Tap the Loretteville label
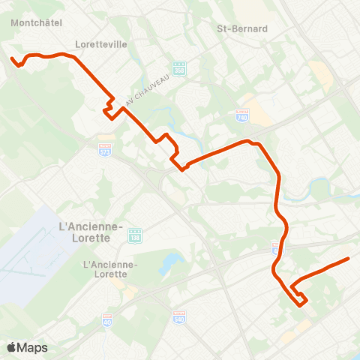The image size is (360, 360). coord(101,44)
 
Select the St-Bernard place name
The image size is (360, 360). coord(242,29)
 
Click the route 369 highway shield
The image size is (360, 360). coord(178,67)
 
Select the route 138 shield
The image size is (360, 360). coord(134,235)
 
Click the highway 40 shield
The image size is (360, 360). coord(106,319)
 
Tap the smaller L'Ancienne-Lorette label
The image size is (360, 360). coord(110,269)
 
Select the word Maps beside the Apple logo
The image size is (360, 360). coord(32,347)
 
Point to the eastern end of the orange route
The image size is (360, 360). coord(349,259)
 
